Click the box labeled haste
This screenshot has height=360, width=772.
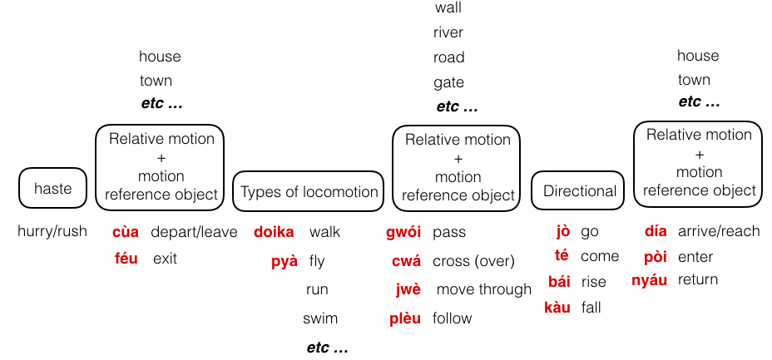(52, 189)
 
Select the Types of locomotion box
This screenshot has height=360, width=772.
(309, 192)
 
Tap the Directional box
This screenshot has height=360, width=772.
(580, 191)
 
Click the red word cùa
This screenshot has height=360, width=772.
(126, 232)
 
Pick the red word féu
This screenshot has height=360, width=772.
(126, 259)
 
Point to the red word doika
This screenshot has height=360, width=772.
(274, 232)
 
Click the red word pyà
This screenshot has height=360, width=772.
(285, 261)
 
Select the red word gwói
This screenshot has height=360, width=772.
(403, 232)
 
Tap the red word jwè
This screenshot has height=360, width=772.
(408, 289)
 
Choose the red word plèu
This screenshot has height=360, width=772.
(405, 318)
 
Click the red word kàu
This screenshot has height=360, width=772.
(557, 308)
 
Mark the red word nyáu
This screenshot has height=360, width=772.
(650, 280)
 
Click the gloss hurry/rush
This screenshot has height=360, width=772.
(52, 231)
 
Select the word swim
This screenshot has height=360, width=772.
(320, 318)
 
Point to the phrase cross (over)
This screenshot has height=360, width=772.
(473, 261)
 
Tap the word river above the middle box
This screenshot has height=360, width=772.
(448, 33)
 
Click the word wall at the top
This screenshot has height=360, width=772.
(448, 8)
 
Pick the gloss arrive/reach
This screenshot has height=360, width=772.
(719, 231)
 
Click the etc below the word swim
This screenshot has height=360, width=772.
(328, 348)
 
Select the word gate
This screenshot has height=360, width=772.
(448, 83)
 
